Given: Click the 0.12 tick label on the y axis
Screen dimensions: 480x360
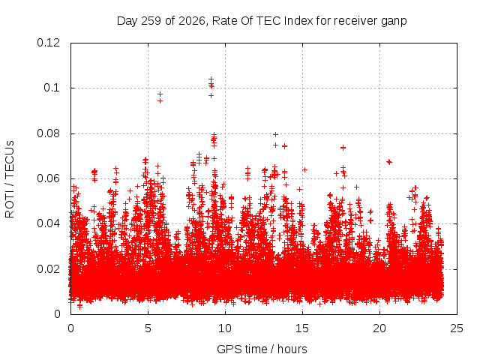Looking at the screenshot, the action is pos(48,43).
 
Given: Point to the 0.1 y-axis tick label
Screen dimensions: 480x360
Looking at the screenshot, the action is pos(52,88).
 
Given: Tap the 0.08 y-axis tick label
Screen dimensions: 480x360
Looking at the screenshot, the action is pos(48,133).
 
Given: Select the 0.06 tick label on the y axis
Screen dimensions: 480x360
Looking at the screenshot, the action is pos(48,178).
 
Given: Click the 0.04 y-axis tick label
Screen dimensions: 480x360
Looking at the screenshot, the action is pos(48,223).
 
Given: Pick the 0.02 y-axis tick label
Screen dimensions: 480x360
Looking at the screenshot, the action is pos(48,269).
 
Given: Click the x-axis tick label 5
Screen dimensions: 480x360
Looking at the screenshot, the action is pos(148,328).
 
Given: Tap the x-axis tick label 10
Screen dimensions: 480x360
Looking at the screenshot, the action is pos(225,328).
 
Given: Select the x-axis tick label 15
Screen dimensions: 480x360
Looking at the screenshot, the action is pos(302,328).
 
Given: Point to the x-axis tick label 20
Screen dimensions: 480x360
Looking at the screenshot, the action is pos(379,328).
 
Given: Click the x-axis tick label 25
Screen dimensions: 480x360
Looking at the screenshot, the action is pos(457,328).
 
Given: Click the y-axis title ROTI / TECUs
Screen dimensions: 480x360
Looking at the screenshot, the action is pos(10,179).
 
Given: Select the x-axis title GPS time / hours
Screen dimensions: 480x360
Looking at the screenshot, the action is pos(262,349).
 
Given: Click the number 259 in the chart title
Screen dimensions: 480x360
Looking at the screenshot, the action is pos(151,21).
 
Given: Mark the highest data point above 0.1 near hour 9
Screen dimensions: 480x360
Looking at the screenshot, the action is pos(211,79).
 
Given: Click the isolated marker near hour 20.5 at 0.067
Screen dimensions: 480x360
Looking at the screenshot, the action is pos(389,162).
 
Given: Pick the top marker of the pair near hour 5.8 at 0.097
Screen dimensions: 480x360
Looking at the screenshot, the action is pos(160,94).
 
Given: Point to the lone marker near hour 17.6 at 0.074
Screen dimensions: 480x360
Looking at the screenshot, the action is pos(343,148).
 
